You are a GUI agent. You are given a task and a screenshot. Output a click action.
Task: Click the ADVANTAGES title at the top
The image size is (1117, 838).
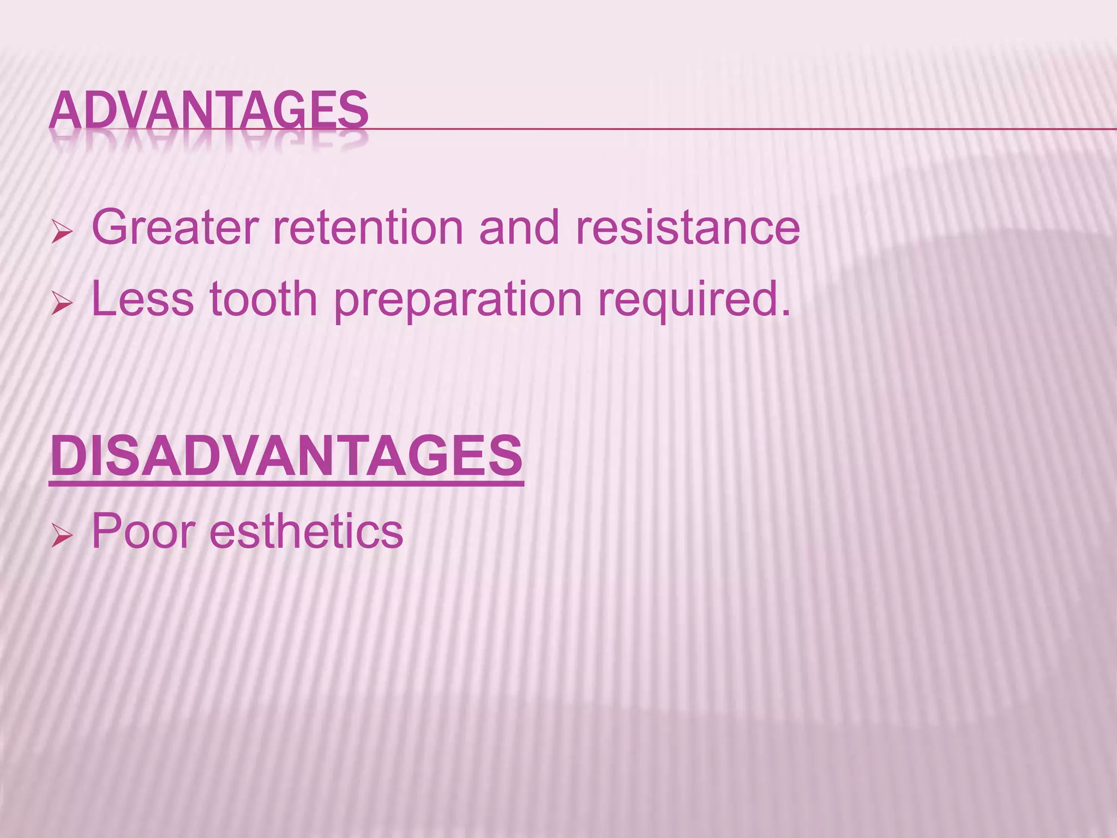click(x=209, y=110)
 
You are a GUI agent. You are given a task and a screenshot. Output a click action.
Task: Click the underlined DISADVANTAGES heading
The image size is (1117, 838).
click(x=286, y=456)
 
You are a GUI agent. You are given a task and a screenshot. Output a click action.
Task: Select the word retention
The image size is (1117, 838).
click(x=368, y=227)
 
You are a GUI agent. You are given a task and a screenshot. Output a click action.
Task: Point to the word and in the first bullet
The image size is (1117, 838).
click(x=519, y=227)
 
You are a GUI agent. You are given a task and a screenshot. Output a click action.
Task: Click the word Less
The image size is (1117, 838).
click(x=142, y=299)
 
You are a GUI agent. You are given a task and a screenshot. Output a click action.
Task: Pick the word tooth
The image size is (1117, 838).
click(x=263, y=299)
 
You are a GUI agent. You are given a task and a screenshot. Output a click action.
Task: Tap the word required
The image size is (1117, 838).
click(x=688, y=300)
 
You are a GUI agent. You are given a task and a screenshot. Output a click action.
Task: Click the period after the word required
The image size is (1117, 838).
click(x=785, y=313)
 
